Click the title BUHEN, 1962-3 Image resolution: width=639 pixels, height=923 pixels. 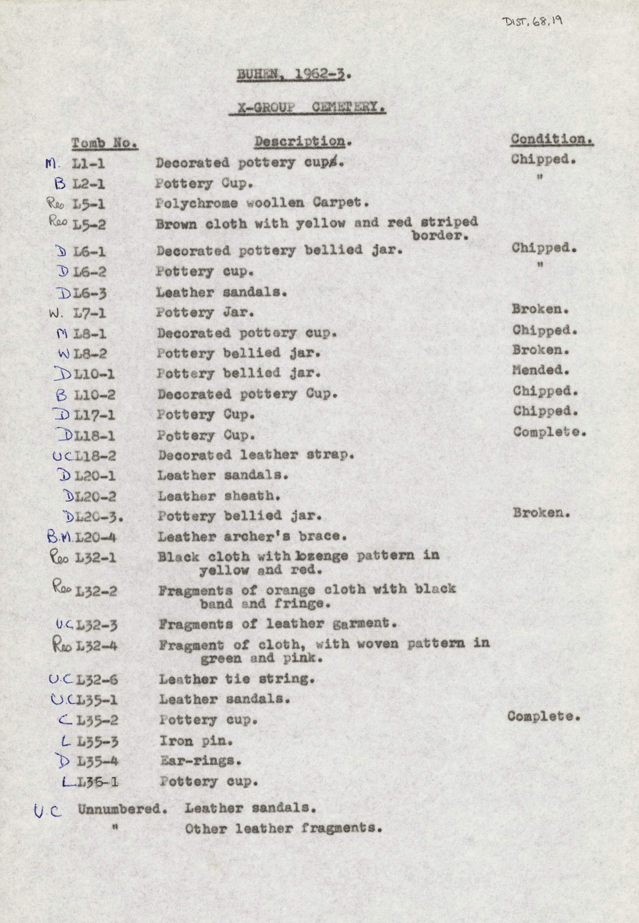(x=291, y=75)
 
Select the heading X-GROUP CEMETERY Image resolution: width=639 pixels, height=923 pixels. (x=307, y=108)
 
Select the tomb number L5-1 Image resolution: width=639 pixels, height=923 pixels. (x=89, y=204)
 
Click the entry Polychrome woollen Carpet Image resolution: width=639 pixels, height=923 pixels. (x=262, y=203)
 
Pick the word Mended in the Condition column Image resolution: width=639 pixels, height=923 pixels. (x=540, y=369)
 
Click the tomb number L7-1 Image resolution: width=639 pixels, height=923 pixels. (x=90, y=313)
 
